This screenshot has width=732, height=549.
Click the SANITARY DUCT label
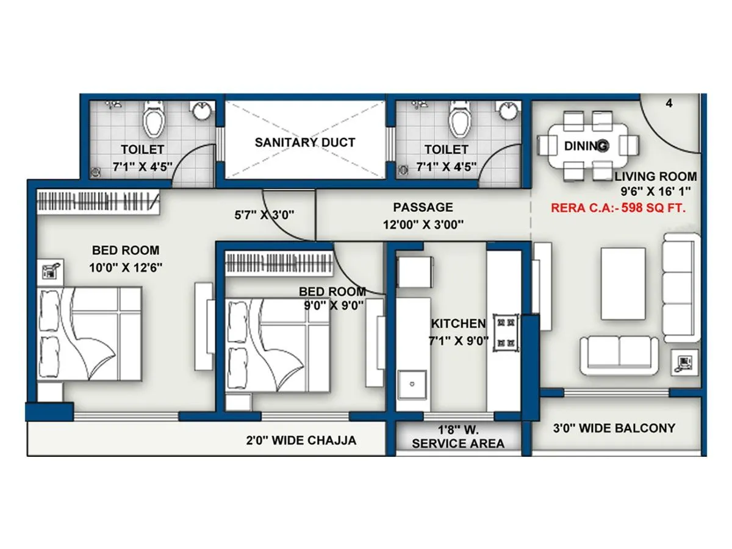pyautogui.click(x=305, y=142)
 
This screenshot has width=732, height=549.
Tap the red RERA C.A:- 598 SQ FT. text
pyautogui.click(x=618, y=208)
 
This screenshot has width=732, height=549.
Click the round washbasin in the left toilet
pyautogui.click(x=202, y=111)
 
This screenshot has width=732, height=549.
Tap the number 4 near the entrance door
pyautogui.click(x=669, y=103)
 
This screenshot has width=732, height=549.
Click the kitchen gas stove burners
pyautogui.click(x=506, y=332)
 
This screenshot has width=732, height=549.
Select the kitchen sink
pyautogui.click(x=412, y=384)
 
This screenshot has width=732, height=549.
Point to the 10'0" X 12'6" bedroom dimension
pyautogui.click(x=126, y=267)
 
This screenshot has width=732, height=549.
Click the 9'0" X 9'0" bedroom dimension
pyautogui.click(x=334, y=305)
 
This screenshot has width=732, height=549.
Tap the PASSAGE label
pyautogui.click(x=423, y=207)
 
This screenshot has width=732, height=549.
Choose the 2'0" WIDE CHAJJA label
pyautogui.click(x=301, y=440)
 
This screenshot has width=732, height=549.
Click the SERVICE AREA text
pyautogui.click(x=458, y=443)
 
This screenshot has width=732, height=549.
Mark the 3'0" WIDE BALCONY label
pyautogui.click(x=614, y=428)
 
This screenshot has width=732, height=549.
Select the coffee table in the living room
pyautogui.click(x=623, y=284)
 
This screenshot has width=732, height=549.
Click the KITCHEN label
pyautogui.click(x=459, y=323)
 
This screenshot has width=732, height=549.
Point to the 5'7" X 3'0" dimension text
pyautogui.click(x=264, y=215)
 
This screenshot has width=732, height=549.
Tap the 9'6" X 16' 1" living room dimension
pyautogui.click(x=656, y=192)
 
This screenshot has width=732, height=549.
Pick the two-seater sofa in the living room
pyautogui.click(x=619, y=356)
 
